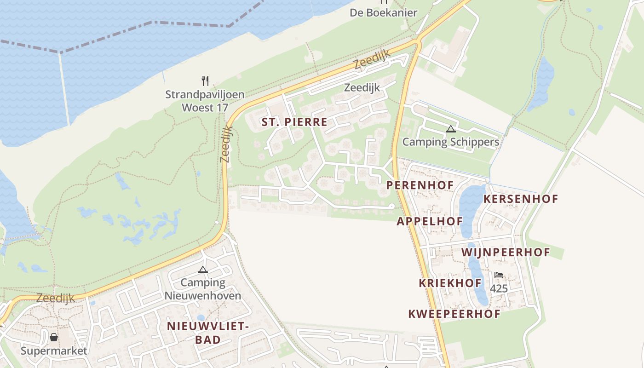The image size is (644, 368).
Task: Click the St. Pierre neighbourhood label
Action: (x=294, y=122)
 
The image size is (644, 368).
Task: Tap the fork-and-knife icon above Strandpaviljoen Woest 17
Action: (x=205, y=81)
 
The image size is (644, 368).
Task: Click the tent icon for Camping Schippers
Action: (x=450, y=129)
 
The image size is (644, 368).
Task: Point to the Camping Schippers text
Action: (x=450, y=142)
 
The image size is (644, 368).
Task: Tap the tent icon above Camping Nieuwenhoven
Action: (x=202, y=270)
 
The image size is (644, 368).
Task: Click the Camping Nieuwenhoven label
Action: (x=203, y=289)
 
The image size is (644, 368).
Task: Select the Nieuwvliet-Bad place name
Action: (x=207, y=333)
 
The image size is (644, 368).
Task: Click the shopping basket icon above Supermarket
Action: (x=54, y=338)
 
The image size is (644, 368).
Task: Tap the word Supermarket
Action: (x=54, y=351)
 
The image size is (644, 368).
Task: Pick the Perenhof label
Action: (x=420, y=185)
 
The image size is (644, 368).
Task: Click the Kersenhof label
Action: (x=521, y=199)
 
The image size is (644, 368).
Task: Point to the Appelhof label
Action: (x=430, y=221)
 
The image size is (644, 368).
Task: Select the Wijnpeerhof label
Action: (x=506, y=253)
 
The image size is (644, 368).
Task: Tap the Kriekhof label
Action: (x=450, y=283)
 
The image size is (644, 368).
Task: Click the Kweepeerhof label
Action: (x=454, y=314)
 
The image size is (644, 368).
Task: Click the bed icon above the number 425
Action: (x=499, y=276)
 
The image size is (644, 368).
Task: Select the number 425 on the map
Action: (x=499, y=288)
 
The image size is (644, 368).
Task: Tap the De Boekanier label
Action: (x=383, y=12)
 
